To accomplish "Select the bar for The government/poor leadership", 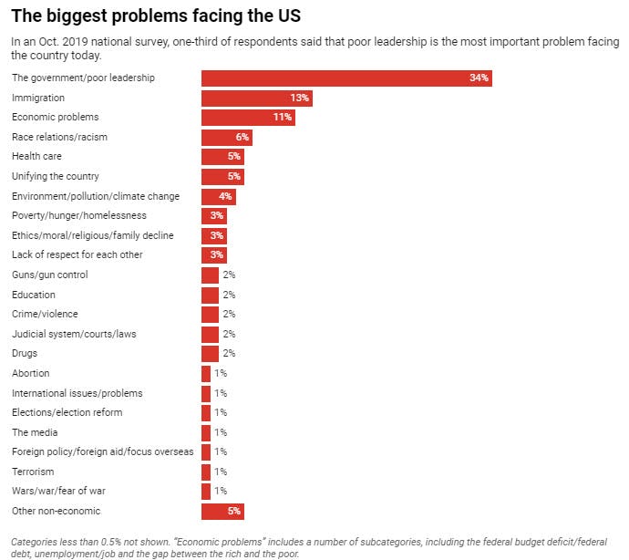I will pyautogui.click(x=346, y=78).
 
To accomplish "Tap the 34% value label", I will pyautogui.click(x=479, y=78).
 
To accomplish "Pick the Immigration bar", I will pyautogui.click(x=256, y=98).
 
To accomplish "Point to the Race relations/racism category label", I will pyautogui.click(x=59, y=137).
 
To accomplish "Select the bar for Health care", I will pyautogui.click(x=222, y=157).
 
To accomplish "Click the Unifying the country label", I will pyautogui.click(x=56, y=176).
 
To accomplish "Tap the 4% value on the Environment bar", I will pyautogui.click(x=224, y=196).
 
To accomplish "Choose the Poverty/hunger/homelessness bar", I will pyautogui.click(x=213, y=215).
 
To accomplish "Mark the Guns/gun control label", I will pyautogui.click(x=50, y=275).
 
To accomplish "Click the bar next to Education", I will pyautogui.click(x=210, y=295).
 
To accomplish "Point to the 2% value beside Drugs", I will pyautogui.click(x=229, y=353).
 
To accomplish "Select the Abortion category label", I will pyautogui.click(x=31, y=373).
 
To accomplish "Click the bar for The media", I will pyautogui.click(x=206, y=432).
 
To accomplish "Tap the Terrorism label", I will pyautogui.click(x=33, y=472).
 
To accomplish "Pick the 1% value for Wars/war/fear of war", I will pyautogui.click(x=220, y=491).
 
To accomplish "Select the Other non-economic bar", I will pyautogui.click(x=222, y=511).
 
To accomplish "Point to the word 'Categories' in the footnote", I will pyautogui.click(x=32, y=541).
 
